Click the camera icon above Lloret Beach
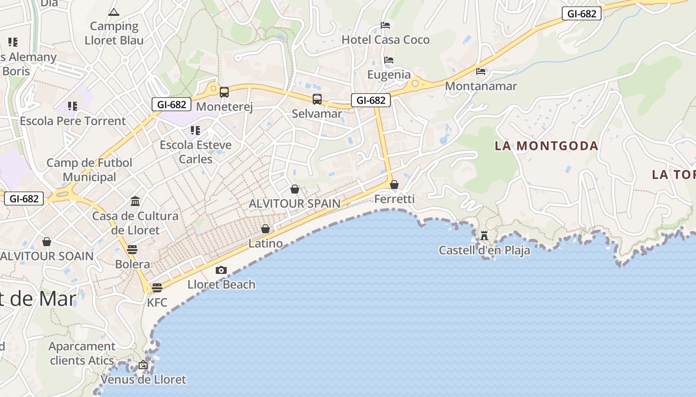pyautogui.click(x=221, y=270)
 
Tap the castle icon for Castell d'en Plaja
pyautogui.click(x=484, y=235)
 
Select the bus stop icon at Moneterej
pyautogui.click(x=224, y=92)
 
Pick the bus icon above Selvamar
pyautogui.click(x=317, y=99)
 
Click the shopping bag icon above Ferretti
pyautogui.click(x=394, y=185)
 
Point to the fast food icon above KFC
pyautogui.click(x=157, y=288)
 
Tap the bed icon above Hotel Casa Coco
pyautogui.click(x=385, y=25)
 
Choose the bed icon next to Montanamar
pyautogui.click(x=481, y=71)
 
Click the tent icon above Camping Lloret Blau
pyautogui.click(x=114, y=12)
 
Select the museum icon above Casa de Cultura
pyautogui.click(x=135, y=201)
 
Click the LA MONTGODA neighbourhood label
pyautogui.click(x=546, y=146)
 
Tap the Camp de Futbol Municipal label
pyautogui.click(x=89, y=170)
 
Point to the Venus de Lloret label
pyautogui.click(x=143, y=380)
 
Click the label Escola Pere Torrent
pyautogui.click(x=73, y=121)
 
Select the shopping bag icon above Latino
pyautogui.click(x=265, y=229)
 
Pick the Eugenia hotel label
pyautogui.click(x=389, y=75)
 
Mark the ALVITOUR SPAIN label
pyautogui.click(x=294, y=203)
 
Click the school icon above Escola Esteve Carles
pyautogui.click(x=195, y=131)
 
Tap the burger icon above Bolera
pyautogui.click(x=132, y=249)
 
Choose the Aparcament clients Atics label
pyautogui.click(x=82, y=353)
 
